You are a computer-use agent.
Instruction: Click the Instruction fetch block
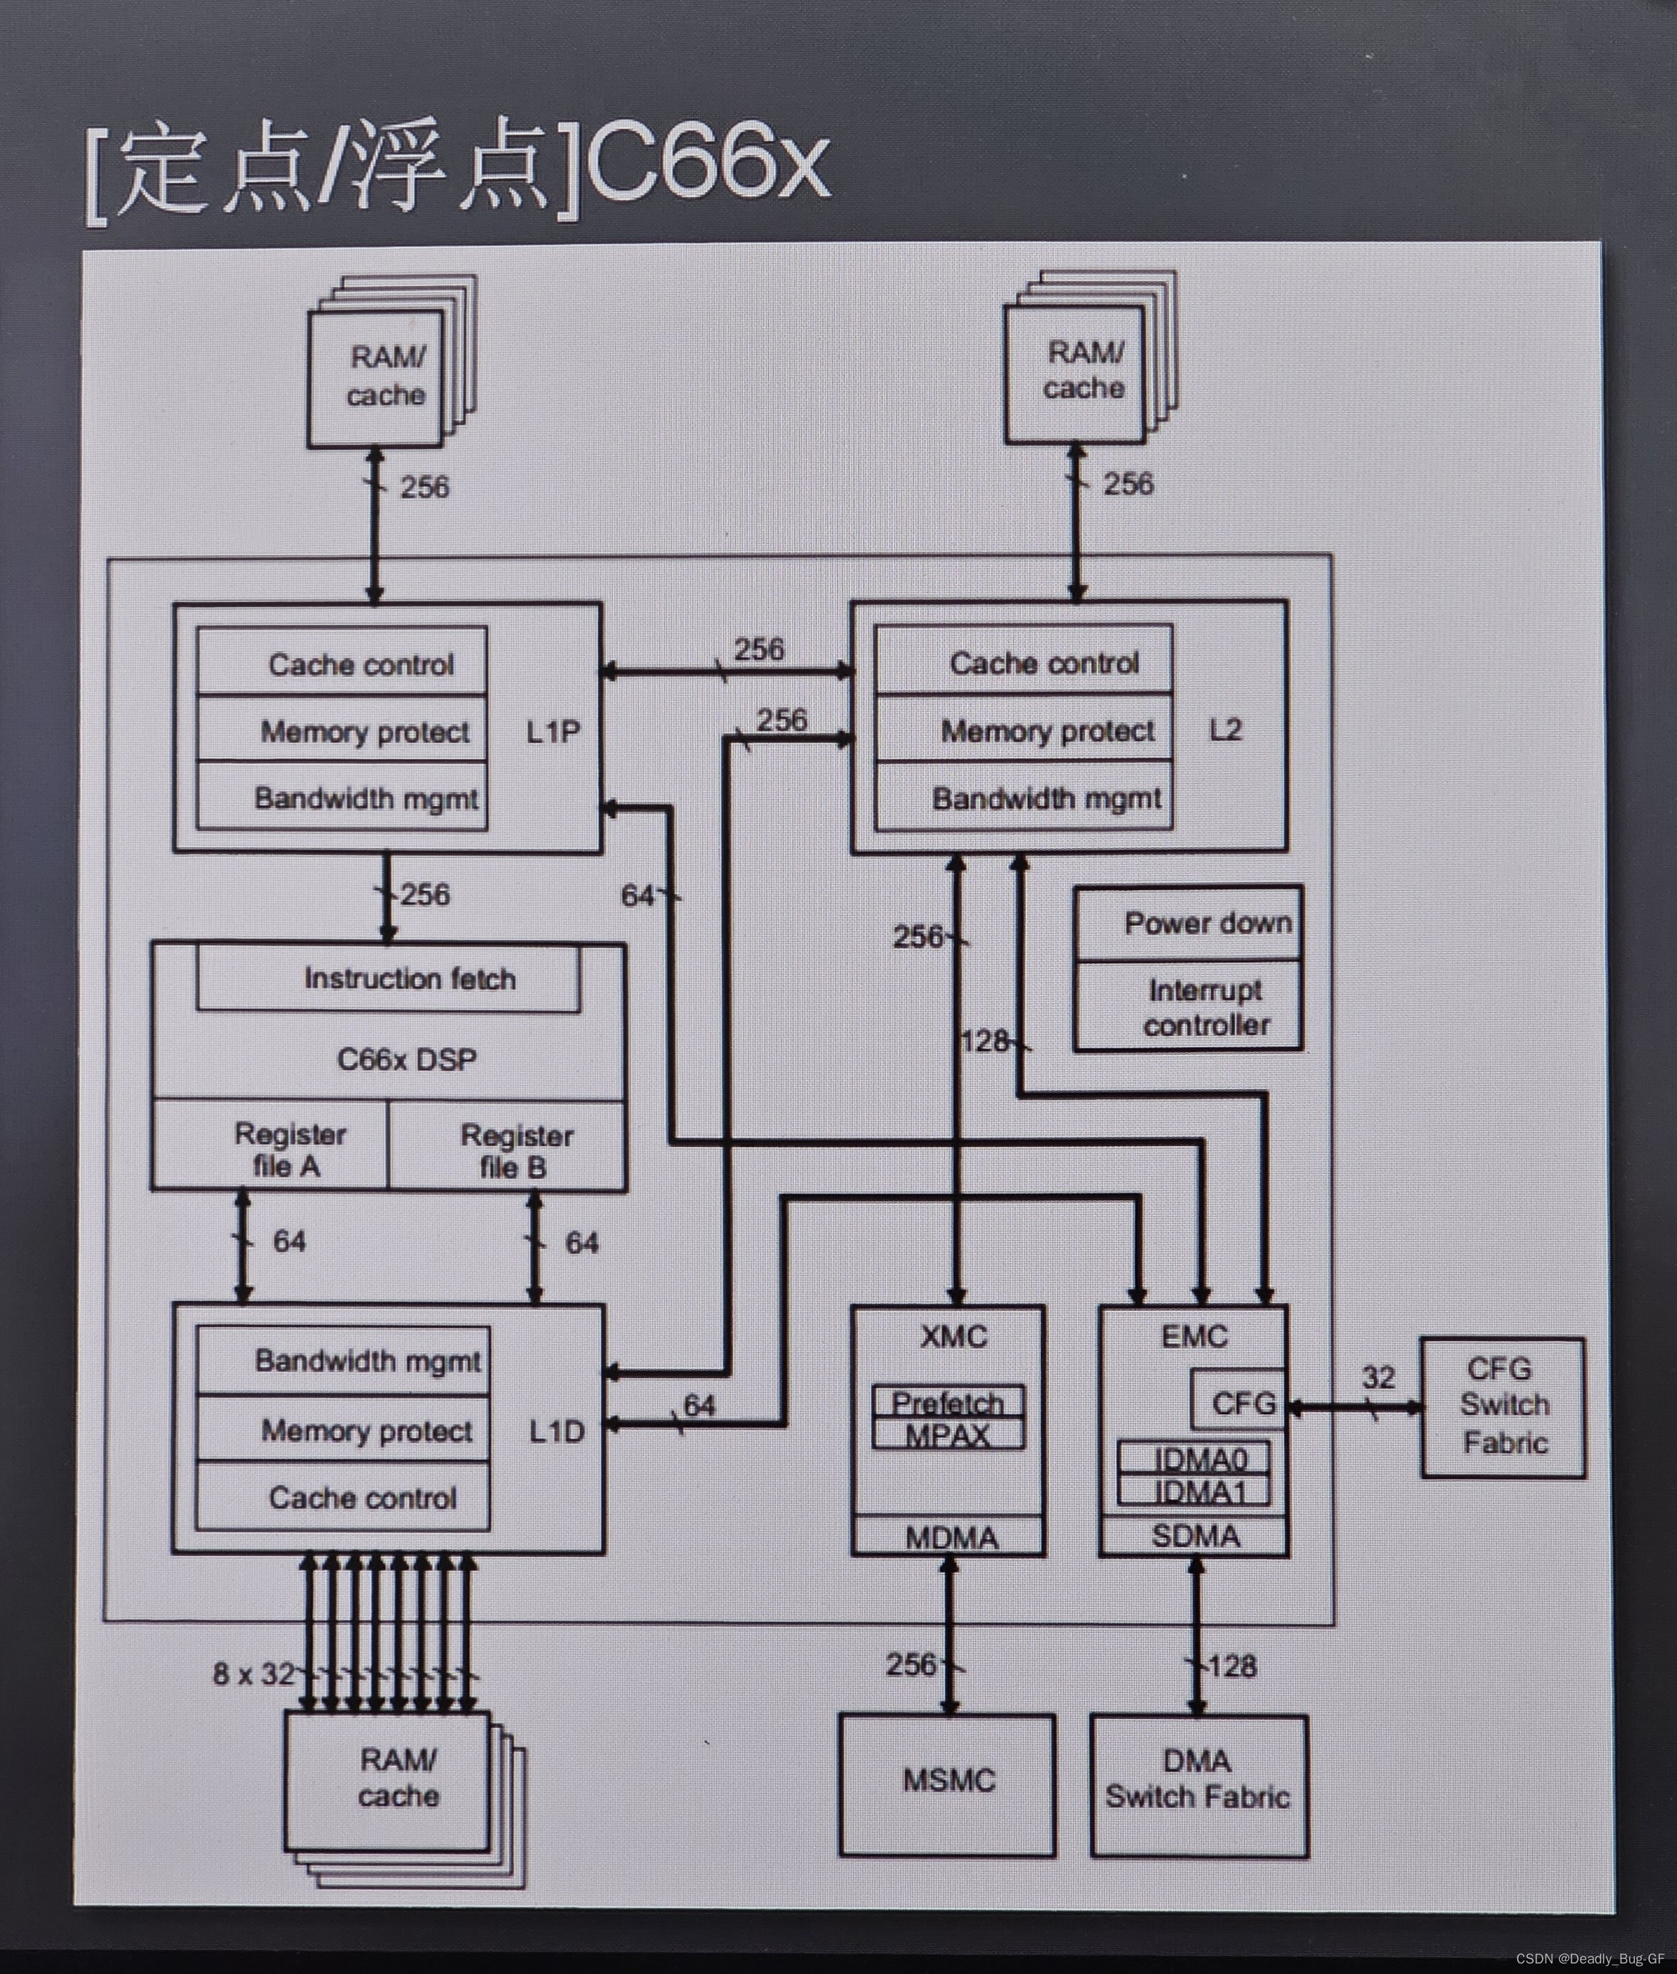[409, 979]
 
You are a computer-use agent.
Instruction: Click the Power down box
[1207, 923]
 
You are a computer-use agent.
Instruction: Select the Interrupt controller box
[1206, 1008]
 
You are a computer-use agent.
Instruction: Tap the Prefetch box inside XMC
[948, 1401]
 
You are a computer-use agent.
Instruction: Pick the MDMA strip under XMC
[950, 1538]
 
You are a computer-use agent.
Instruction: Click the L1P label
[552, 731]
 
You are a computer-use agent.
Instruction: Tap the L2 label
[1225, 730]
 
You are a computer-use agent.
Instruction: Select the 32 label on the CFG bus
[1378, 1377]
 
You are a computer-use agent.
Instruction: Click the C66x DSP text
[406, 1059]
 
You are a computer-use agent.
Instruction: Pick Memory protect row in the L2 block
[1046, 730]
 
